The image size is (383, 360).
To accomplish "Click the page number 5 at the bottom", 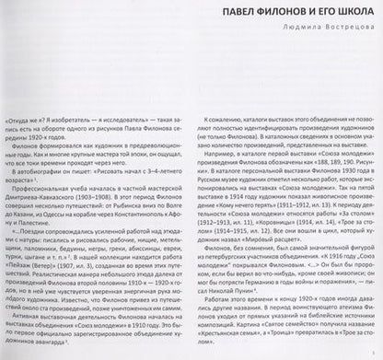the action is coord(371,346).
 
